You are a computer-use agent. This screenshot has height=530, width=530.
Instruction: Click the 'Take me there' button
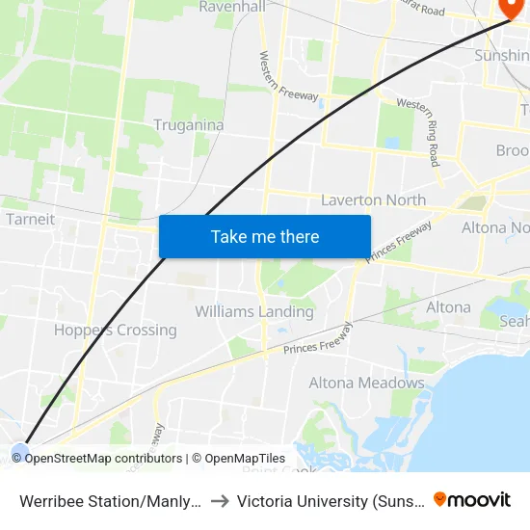click(x=265, y=236)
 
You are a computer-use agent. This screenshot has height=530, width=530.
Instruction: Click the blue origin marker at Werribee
click(x=20, y=449)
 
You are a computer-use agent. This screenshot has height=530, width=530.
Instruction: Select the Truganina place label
click(x=189, y=125)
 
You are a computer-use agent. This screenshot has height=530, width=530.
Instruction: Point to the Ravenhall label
click(x=231, y=7)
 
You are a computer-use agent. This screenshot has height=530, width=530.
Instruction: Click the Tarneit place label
click(x=30, y=219)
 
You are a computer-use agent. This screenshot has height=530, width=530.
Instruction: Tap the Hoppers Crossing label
click(x=116, y=330)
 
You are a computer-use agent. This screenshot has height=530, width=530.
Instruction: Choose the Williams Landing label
click(x=254, y=311)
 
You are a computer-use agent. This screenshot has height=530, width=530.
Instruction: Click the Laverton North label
click(x=373, y=200)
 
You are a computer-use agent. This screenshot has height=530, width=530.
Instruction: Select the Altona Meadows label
click(x=366, y=383)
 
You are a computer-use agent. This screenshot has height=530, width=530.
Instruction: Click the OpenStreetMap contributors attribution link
click(x=103, y=459)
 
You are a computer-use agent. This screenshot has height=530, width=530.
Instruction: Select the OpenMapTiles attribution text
click(x=245, y=459)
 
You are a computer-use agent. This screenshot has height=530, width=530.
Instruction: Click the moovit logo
click(x=472, y=499)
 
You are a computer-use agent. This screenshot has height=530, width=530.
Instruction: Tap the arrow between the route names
click(x=220, y=500)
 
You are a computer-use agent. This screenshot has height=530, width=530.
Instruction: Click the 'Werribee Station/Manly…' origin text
click(x=111, y=500)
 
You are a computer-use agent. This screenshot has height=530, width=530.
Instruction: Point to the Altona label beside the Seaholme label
click(x=448, y=307)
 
